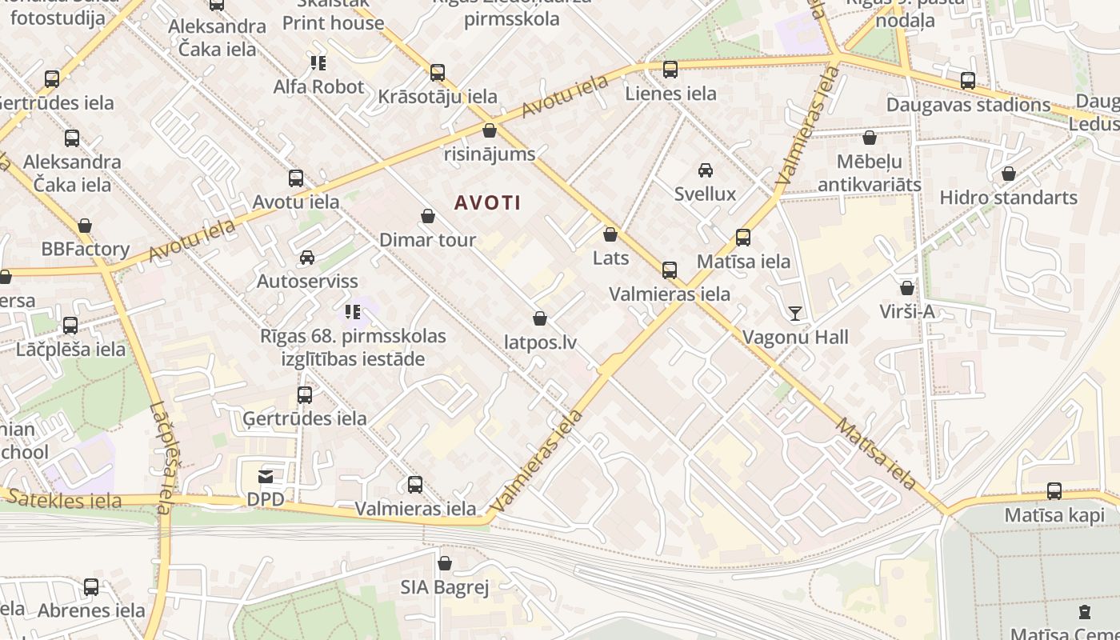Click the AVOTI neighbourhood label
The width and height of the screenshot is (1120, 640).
tap(488, 203)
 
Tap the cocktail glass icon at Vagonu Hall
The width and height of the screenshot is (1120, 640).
tap(794, 313)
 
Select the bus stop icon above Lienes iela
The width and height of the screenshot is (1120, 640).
tap(670, 70)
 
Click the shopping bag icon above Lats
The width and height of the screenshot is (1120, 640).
tap(610, 234)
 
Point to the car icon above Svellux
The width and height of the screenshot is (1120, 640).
tap(706, 170)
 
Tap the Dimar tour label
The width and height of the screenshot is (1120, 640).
tap(427, 239)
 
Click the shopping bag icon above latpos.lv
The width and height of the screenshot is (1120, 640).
tap(540, 318)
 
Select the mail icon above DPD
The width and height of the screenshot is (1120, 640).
tap(266, 477)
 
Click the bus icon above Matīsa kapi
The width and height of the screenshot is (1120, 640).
tap(1054, 491)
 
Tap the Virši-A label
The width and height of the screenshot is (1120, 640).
tap(906, 311)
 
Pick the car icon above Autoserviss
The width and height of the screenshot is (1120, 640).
tap(306, 257)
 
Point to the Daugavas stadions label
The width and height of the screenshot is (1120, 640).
tap(968, 105)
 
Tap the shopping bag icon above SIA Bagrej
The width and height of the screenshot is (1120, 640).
tap(445, 563)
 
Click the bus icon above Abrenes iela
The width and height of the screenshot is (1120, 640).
tap(91, 587)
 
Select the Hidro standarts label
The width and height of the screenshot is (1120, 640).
tap(1008, 197)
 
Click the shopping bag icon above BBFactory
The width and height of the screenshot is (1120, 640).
tap(85, 226)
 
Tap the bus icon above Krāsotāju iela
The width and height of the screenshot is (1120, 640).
tap(438, 73)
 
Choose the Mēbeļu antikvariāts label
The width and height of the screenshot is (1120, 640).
tap(869, 173)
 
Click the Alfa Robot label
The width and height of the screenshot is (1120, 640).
tap(318, 86)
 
